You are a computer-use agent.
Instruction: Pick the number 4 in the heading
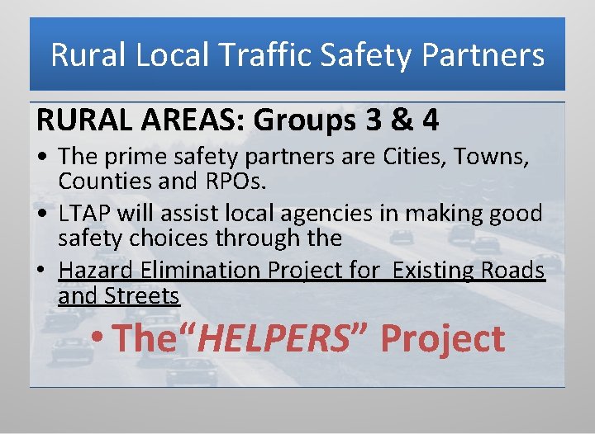(x=430, y=120)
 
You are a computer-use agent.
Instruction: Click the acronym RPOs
(x=242, y=180)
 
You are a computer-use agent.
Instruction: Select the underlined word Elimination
(x=207, y=271)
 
